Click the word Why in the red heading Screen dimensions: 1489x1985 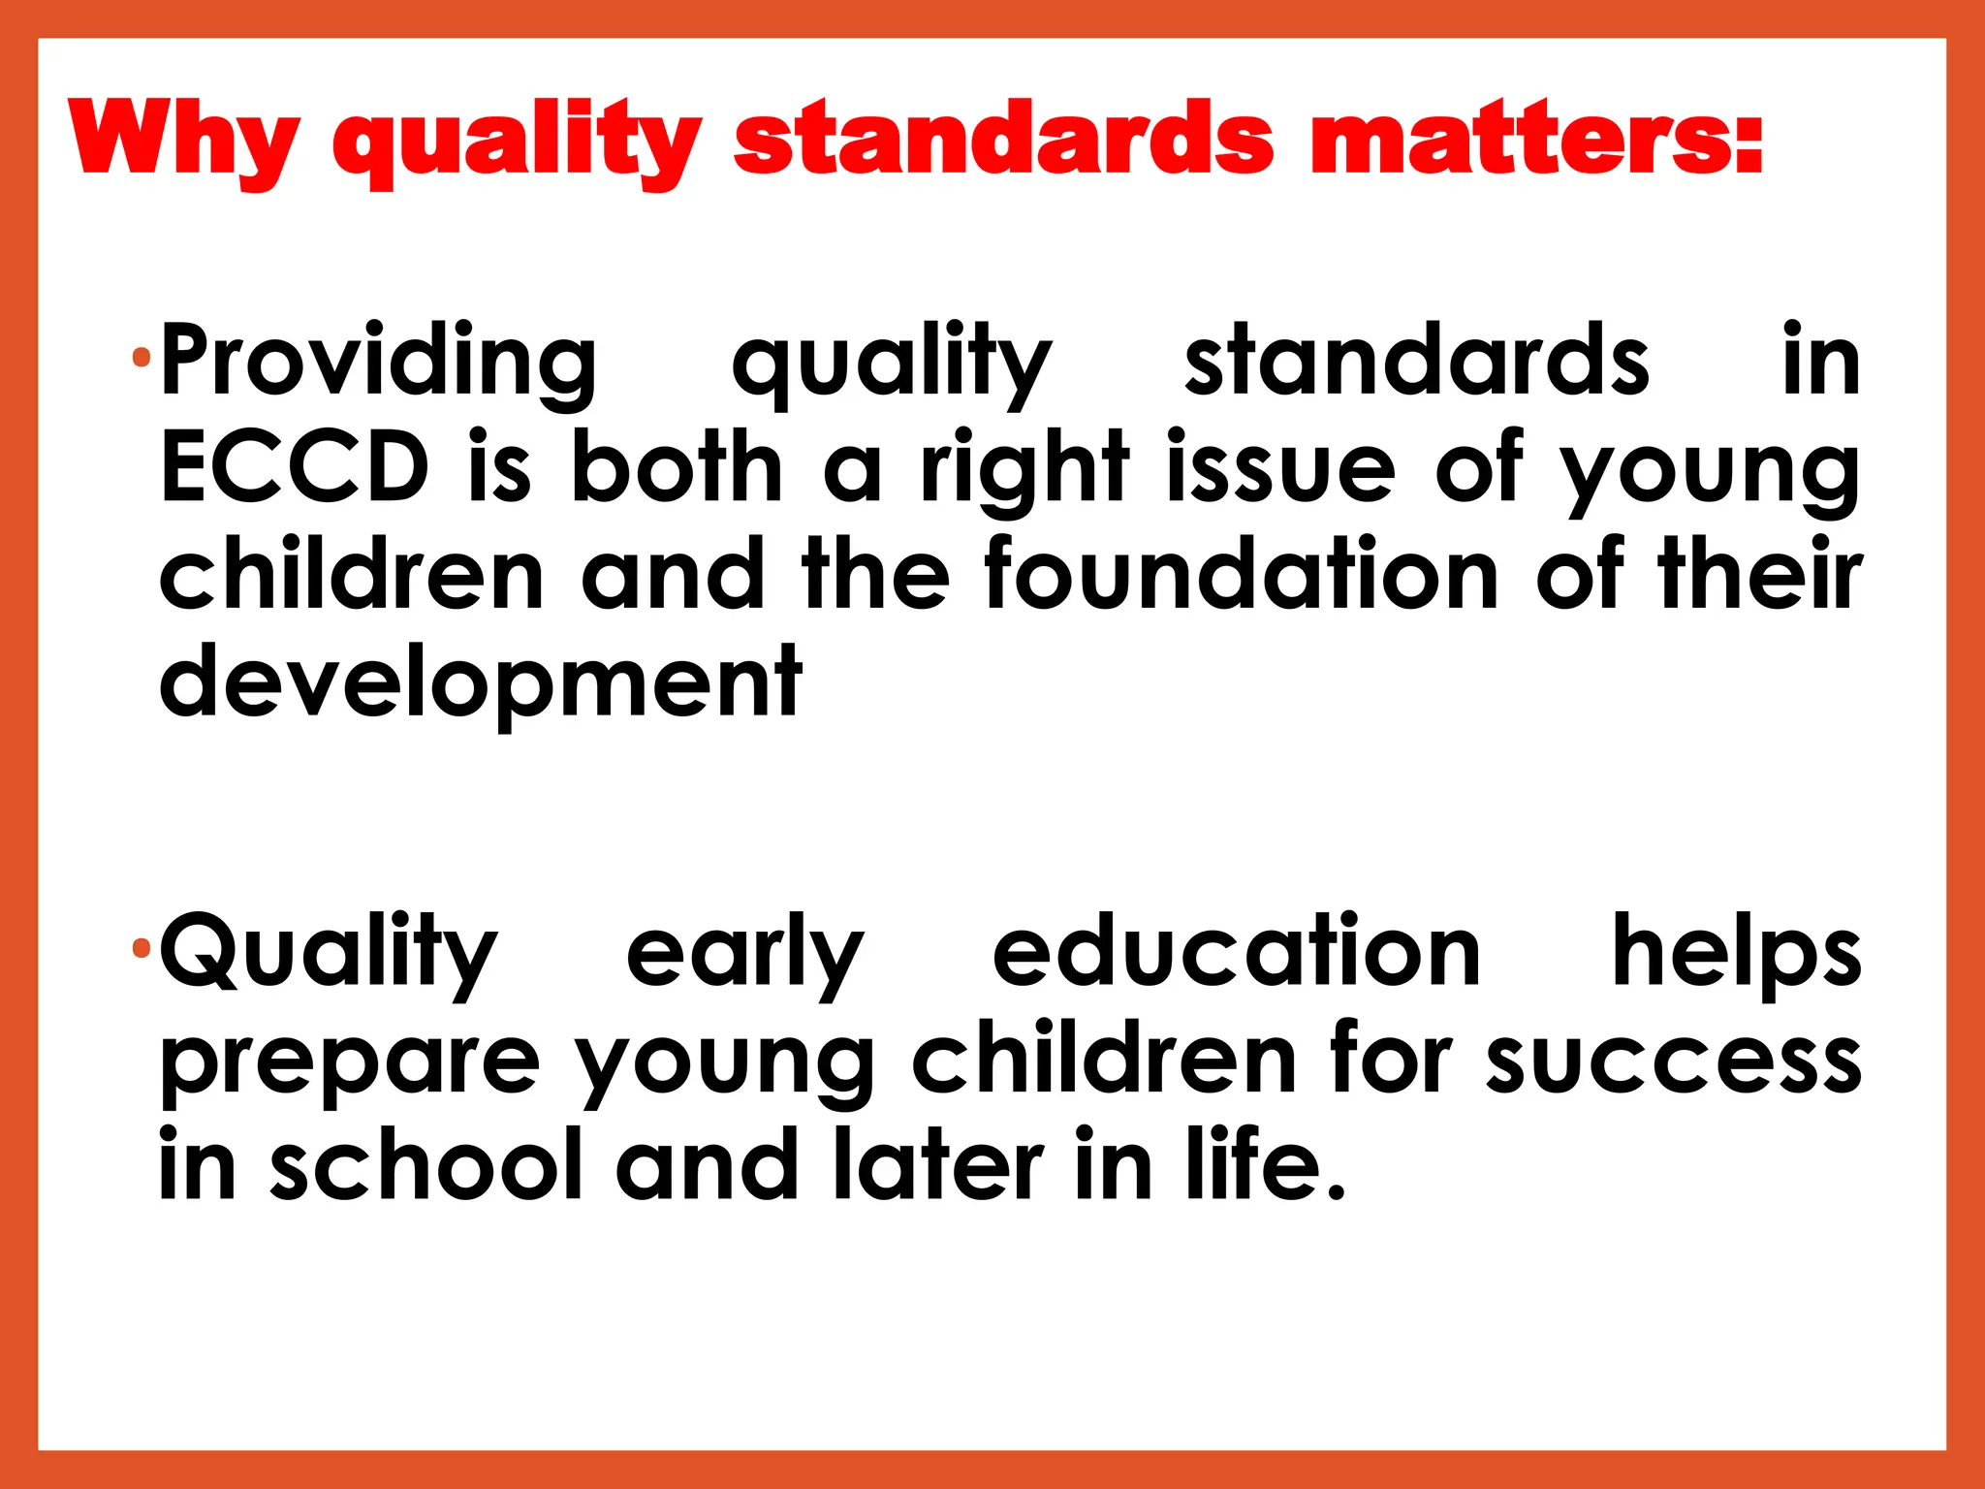184,141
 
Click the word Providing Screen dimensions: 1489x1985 378,364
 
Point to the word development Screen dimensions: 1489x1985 481,682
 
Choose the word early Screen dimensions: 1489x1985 744,955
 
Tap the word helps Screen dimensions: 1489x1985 1736,955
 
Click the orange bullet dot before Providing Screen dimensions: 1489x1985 142,360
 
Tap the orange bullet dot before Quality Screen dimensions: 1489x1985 142,947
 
